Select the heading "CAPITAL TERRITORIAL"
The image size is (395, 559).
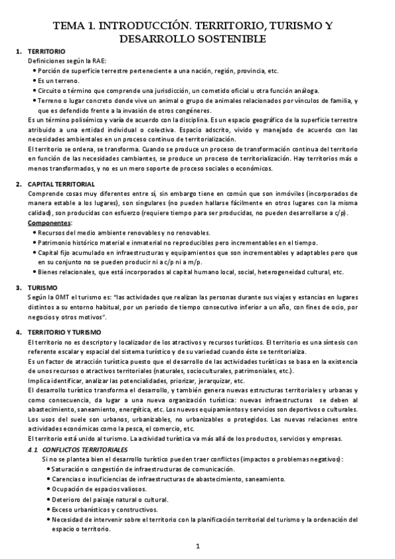[61, 183]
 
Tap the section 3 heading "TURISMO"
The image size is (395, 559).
[42, 288]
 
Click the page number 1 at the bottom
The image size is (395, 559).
[198, 546]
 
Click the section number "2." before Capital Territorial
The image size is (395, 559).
[19, 183]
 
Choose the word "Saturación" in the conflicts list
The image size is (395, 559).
[71, 469]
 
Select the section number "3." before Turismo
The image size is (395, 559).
[19, 288]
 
